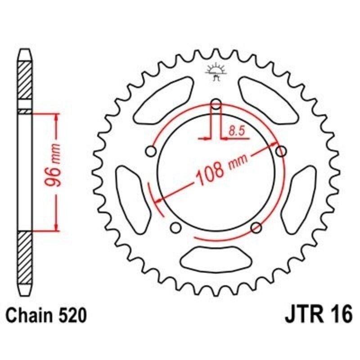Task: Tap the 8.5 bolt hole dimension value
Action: click(x=236, y=131)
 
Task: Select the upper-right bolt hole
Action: click(x=281, y=151)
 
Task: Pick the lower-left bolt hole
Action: click(x=176, y=228)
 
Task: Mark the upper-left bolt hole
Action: click(x=151, y=152)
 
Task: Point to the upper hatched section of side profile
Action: click(x=25, y=83)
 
